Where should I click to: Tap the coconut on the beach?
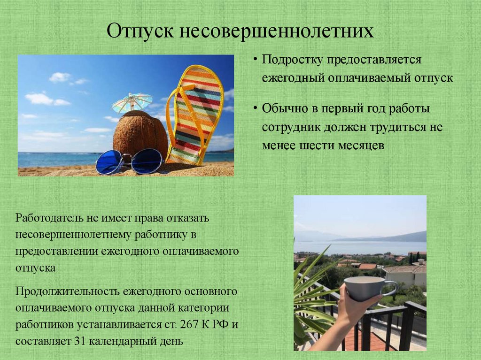140,133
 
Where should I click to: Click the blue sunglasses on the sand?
129,161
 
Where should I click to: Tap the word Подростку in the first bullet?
291,61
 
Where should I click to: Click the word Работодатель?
49,218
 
